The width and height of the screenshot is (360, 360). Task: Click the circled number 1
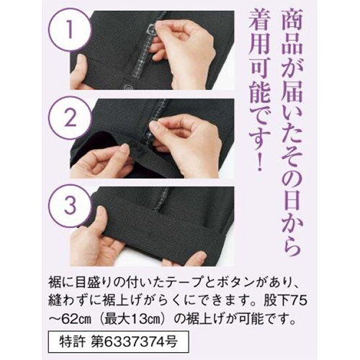click(x=70, y=30)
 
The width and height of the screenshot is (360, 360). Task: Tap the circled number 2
click(x=70, y=119)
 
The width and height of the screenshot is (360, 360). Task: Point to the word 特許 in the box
click(x=72, y=342)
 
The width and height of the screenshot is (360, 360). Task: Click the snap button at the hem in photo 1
click(x=127, y=86)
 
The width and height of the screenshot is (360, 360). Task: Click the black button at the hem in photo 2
click(x=135, y=145)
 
